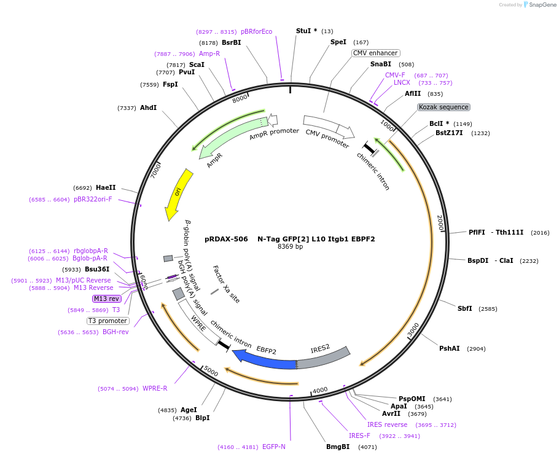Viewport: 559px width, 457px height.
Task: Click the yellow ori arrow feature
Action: pos(179,195)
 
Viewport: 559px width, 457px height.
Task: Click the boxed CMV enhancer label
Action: pos(375,53)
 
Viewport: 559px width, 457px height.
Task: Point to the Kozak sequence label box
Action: pos(444,107)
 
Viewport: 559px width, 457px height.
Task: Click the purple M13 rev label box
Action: pos(107,299)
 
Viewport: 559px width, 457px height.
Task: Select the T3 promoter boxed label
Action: pos(108,321)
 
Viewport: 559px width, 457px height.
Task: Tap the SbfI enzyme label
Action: pos(464,308)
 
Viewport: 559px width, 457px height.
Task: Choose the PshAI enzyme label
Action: pos(449,348)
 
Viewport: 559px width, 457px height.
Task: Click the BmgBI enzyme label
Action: pos(338,447)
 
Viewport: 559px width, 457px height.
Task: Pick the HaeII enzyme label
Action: pos(106,187)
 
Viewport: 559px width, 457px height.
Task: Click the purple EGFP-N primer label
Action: pos(273,447)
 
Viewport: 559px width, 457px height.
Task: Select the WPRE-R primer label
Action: pos(155,388)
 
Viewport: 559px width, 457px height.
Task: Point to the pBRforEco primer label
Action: pos(256,31)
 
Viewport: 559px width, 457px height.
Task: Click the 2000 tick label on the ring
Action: pos(440,223)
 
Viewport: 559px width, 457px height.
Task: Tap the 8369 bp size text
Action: pos(290,247)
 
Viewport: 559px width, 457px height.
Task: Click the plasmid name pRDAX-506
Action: pos(226,239)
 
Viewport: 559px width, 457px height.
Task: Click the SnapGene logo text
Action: pos(542,5)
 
